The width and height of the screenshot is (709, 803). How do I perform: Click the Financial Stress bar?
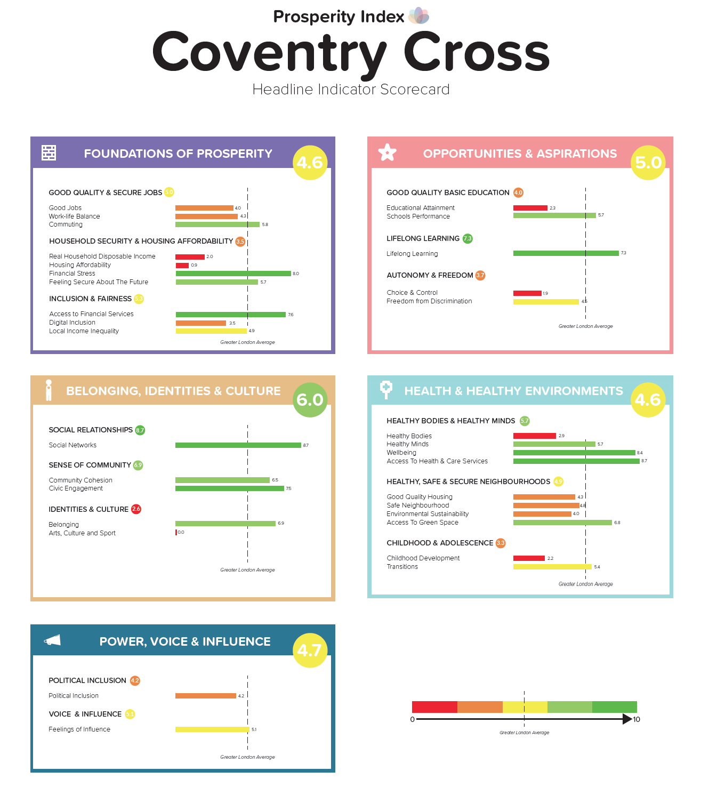point(233,274)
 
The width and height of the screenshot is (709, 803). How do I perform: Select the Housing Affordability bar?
point(182,265)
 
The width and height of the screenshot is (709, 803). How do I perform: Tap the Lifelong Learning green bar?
point(566,253)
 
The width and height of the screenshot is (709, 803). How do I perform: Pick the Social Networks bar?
point(238,445)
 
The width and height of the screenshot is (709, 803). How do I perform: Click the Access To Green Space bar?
point(562,523)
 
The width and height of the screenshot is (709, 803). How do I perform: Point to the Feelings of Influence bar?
point(212,729)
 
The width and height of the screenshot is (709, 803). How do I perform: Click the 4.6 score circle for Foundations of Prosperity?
point(310,162)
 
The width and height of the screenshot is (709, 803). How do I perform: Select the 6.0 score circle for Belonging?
point(310,399)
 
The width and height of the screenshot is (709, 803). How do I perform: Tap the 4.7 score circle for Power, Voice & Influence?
point(310,650)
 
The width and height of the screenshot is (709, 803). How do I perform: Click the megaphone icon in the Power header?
point(52,640)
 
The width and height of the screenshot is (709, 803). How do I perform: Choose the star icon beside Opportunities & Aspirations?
point(387,152)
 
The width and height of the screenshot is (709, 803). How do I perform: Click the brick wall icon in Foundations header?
point(49,153)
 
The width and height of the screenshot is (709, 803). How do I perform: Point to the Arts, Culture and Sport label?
point(82,533)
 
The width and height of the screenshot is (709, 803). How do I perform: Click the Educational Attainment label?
point(421,208)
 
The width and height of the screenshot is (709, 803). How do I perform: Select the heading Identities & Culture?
point(88,509)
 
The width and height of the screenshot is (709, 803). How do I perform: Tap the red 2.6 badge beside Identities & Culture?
point(136,509)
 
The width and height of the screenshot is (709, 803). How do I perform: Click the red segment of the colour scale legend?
point(434,707)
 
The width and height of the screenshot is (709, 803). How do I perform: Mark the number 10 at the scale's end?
point(637,719)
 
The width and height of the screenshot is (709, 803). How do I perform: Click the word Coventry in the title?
point(269,53)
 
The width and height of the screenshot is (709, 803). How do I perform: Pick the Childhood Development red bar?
point(529,558)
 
